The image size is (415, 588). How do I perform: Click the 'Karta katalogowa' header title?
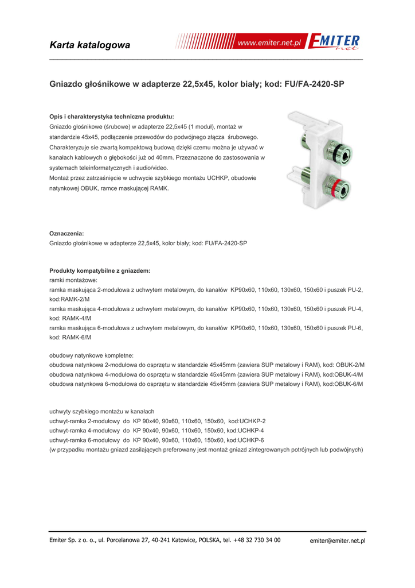point(89,45)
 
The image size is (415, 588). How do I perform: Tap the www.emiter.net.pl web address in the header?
point(269,44)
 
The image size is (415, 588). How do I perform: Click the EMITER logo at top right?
point(334,42)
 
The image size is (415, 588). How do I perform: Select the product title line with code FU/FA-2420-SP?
point(197,84)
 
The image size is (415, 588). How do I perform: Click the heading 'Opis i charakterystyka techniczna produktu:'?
point(112,116)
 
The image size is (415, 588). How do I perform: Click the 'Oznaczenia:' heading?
point(66,233)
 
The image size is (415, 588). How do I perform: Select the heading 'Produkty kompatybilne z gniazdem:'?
point(100,270)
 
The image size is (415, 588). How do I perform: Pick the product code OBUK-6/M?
point(349,384)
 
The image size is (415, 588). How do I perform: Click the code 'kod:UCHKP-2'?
point(246,421)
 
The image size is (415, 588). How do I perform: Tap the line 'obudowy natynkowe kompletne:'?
point(91,355)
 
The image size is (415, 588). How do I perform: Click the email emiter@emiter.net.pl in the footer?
point(338,540)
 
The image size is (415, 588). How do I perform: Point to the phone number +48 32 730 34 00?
point(257,540)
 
